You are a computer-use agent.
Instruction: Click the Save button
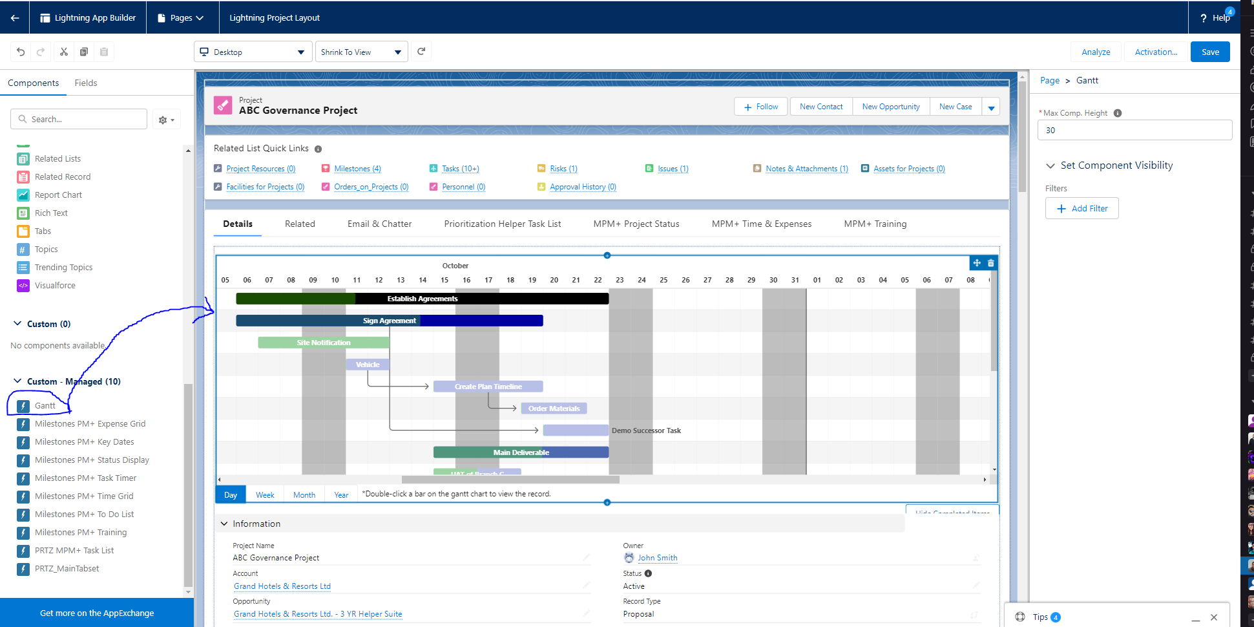[1209, 52]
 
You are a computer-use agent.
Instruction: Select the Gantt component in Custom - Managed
[45, 406]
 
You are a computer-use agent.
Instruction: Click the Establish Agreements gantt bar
[422, 299]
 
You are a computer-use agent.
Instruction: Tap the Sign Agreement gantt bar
[389, 321]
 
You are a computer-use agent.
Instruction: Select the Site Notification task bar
[323, 343]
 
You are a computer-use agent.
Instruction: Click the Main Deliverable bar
[521, 452]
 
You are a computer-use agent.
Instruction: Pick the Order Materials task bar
[554, 409]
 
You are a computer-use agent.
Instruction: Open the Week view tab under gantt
[265, 495]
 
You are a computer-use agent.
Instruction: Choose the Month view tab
[304, 495]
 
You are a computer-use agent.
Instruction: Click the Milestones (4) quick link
[357, 169]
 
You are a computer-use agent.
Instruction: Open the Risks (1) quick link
[563, 169]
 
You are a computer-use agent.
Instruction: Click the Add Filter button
[1082, 208]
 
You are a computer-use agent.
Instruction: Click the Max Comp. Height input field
[1134, 130]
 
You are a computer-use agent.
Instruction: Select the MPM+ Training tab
[875, 224]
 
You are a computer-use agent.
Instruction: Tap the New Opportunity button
[890, 107]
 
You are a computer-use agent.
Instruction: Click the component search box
[79, 119]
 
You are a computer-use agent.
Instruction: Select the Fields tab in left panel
[85, 83]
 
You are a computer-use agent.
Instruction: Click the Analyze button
[1096, 52]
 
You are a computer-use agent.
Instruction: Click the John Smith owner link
[657, 558]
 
